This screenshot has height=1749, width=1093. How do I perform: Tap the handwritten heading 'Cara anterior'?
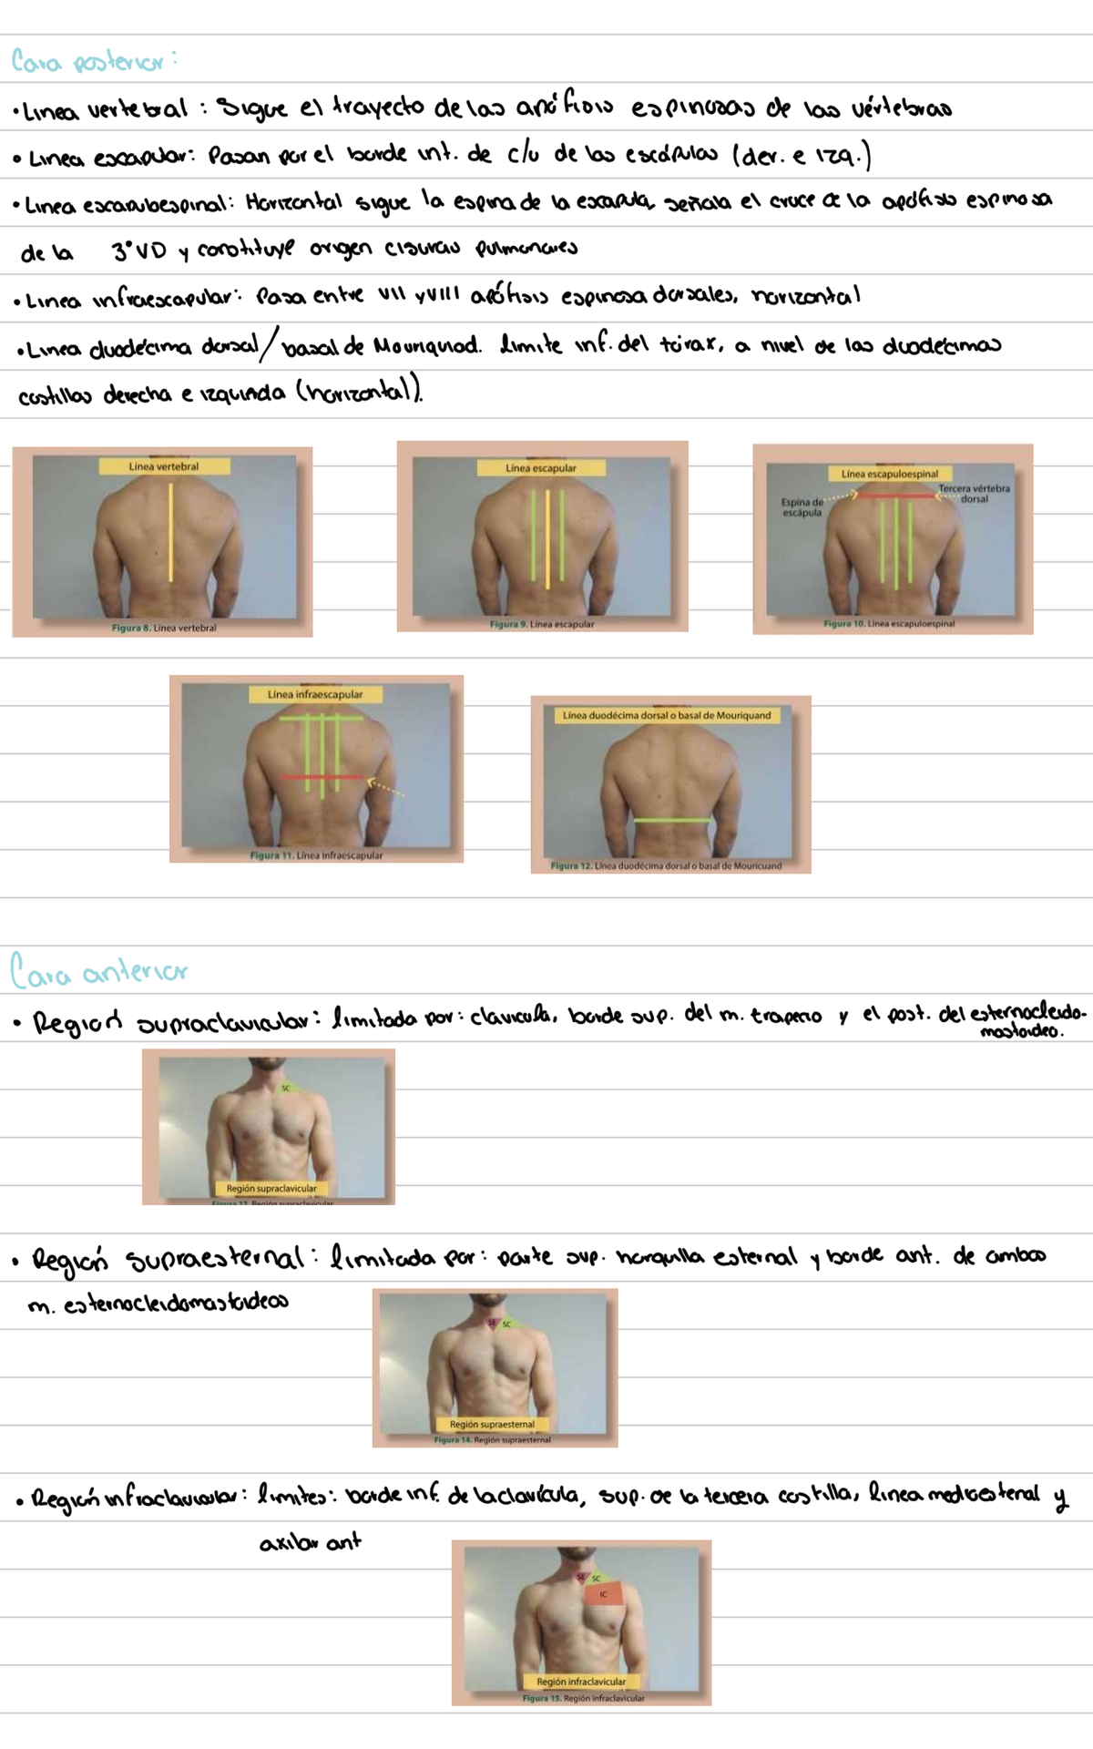tap(98, 972)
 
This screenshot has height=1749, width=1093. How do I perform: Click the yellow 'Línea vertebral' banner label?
tap(164, 466)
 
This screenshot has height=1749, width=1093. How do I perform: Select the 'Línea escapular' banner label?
tap(541, 468)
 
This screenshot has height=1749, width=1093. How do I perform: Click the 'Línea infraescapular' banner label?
tap(315, 694)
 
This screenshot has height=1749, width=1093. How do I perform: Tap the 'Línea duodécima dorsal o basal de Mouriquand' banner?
tap(667, 716)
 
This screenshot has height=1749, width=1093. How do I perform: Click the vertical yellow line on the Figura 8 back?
tap(170, 533)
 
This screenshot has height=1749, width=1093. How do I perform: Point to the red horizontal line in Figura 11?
tap(321, 777)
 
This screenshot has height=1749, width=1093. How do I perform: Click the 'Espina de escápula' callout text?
tap(802, 507)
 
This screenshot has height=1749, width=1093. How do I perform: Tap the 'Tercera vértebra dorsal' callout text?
tap(974, 494)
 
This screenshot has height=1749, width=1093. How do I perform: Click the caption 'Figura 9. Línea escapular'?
tap(542, 624)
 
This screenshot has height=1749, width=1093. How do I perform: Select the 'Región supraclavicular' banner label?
tap(271, 1188)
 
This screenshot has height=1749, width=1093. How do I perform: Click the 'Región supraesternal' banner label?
tap(492, 1424)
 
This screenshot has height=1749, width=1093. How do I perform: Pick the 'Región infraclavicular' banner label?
tap(581, 1682)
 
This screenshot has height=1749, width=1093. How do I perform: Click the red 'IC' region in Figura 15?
tap(604, 1594)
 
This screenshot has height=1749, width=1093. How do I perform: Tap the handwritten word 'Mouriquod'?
tap(426, 347)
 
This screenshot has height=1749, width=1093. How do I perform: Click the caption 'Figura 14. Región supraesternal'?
tap(493, 1440)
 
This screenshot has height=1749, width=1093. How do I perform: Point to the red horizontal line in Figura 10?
tap(896, 496)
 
